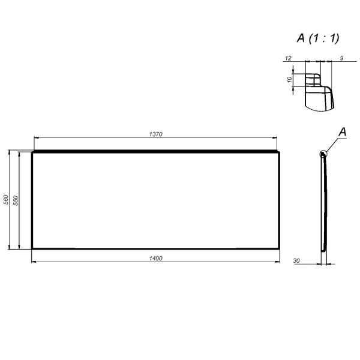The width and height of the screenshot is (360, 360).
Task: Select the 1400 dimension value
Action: click(155, 257)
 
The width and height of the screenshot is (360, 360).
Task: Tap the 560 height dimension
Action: click(6, 200)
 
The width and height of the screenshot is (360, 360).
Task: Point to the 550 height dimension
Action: click(16, 200)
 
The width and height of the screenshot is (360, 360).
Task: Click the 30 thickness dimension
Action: click(297, 261)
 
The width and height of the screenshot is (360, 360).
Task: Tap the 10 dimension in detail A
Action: click(289, 79)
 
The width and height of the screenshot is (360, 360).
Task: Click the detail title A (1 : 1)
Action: click(318, 38)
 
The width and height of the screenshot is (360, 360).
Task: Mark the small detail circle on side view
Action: click(324, 154)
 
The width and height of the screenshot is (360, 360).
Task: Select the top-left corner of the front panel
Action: click(32, 152)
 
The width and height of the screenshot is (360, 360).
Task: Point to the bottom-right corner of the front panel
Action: click(280, 248)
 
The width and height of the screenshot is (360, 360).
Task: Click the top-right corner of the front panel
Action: click(280, 152)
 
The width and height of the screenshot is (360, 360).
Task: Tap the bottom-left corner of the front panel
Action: click(32, 248)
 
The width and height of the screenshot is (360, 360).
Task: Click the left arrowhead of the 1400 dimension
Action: click(34, 262)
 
